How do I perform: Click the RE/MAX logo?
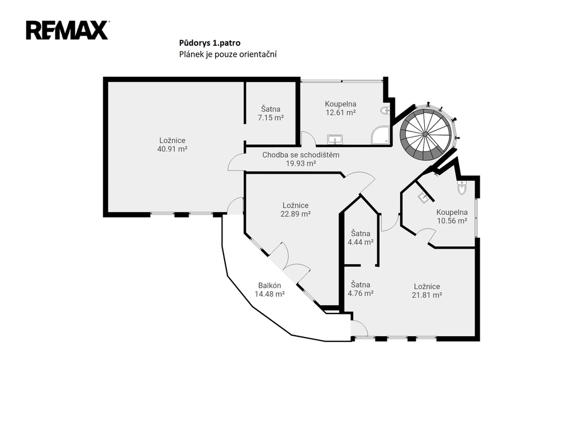(67, 30)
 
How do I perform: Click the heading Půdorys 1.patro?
(210, 43)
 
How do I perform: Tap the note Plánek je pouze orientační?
(228, 54)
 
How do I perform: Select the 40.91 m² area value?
(172, 149)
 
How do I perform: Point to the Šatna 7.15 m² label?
(271, 113)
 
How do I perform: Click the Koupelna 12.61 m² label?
(341, 108)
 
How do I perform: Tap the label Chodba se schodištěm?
(301, 155)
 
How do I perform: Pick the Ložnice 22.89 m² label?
(296, 210)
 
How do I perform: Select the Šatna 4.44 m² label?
(361, 238)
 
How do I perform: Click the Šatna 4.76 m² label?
(361, 289)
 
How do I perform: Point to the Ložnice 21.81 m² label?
(427, 290)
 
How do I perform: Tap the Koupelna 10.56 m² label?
(452, 217)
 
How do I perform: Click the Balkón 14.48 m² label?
(269, 290)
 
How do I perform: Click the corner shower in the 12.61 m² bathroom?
(381, 135)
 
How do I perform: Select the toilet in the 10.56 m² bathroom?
(462, 188)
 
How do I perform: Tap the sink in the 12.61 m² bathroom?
(335, 140)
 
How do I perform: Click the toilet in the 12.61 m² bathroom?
(385, 110)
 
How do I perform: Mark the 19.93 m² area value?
(301, 163)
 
